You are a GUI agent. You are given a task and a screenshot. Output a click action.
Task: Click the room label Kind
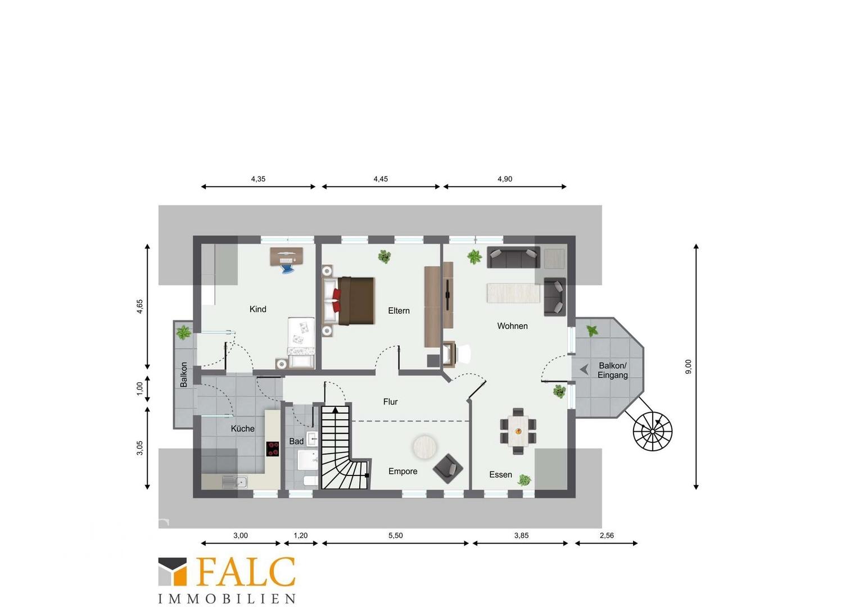257,309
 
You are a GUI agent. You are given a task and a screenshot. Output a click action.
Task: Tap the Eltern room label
399,311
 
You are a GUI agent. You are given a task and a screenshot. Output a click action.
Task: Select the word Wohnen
512,326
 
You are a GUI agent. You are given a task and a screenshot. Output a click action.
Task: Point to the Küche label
242,429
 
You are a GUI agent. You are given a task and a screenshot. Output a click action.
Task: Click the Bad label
296,441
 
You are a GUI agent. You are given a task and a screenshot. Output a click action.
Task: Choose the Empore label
403,471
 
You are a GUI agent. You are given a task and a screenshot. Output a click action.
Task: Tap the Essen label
500,475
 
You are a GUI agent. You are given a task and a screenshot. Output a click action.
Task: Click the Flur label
390,401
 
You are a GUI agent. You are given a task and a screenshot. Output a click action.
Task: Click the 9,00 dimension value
688,366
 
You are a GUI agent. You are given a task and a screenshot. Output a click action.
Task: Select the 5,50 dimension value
396,535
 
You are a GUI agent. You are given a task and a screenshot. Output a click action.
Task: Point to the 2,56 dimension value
607,535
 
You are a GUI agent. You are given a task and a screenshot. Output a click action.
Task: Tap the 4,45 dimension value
381,179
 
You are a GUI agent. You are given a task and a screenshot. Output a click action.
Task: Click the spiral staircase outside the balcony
652,432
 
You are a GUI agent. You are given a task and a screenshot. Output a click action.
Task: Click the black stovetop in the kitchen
273,449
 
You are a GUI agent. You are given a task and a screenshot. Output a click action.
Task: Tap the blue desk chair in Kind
287,269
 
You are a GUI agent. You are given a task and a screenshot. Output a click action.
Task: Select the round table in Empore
424,446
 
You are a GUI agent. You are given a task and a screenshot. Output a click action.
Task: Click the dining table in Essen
518,432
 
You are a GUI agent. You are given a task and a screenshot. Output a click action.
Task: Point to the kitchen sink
234,482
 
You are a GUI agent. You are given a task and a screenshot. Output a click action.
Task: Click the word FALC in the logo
246,572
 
